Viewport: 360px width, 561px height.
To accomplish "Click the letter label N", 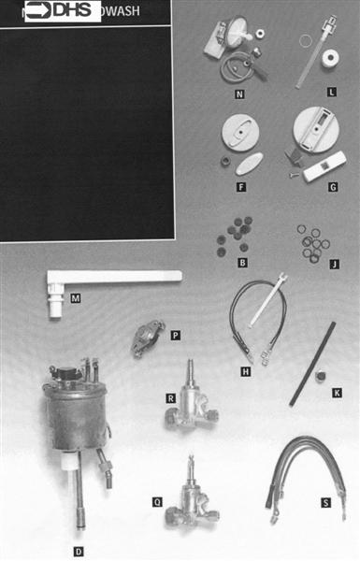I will [239, 93].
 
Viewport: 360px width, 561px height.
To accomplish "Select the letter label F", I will [240, 186].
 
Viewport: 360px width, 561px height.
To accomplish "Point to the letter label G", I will [332, 186].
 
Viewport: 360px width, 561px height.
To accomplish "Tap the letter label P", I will [175, 333].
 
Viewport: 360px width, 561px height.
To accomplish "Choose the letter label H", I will [245, 370].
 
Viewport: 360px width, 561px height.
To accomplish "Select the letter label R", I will [171, 397].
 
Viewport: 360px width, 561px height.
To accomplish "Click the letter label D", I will [78, 540].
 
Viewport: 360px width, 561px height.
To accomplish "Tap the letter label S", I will [324, 502].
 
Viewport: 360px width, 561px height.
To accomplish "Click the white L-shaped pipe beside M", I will [112, 278].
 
